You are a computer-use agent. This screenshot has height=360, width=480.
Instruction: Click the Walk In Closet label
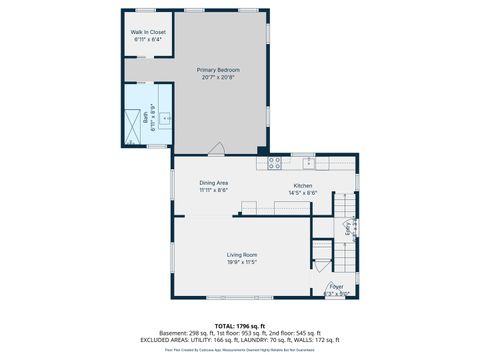(x=148, y=32)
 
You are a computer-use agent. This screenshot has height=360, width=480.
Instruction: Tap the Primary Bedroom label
(x=218, y=70)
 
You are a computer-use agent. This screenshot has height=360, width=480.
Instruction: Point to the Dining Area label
(x=213, y=183)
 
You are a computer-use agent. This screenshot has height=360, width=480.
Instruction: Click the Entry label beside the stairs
(x=347, y=228)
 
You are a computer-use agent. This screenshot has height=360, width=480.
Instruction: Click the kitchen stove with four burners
(x=275, y=162)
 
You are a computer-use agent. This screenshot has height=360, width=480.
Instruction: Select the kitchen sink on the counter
(x=309, y=162)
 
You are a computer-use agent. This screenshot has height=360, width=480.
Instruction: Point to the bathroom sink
(x=166, y=118)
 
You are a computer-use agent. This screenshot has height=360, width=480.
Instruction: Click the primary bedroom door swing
(x=216, y=148)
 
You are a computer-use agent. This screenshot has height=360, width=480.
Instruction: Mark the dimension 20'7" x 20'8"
(x=218, y=78)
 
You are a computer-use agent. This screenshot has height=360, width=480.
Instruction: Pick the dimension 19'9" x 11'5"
(x=243, y=263)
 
